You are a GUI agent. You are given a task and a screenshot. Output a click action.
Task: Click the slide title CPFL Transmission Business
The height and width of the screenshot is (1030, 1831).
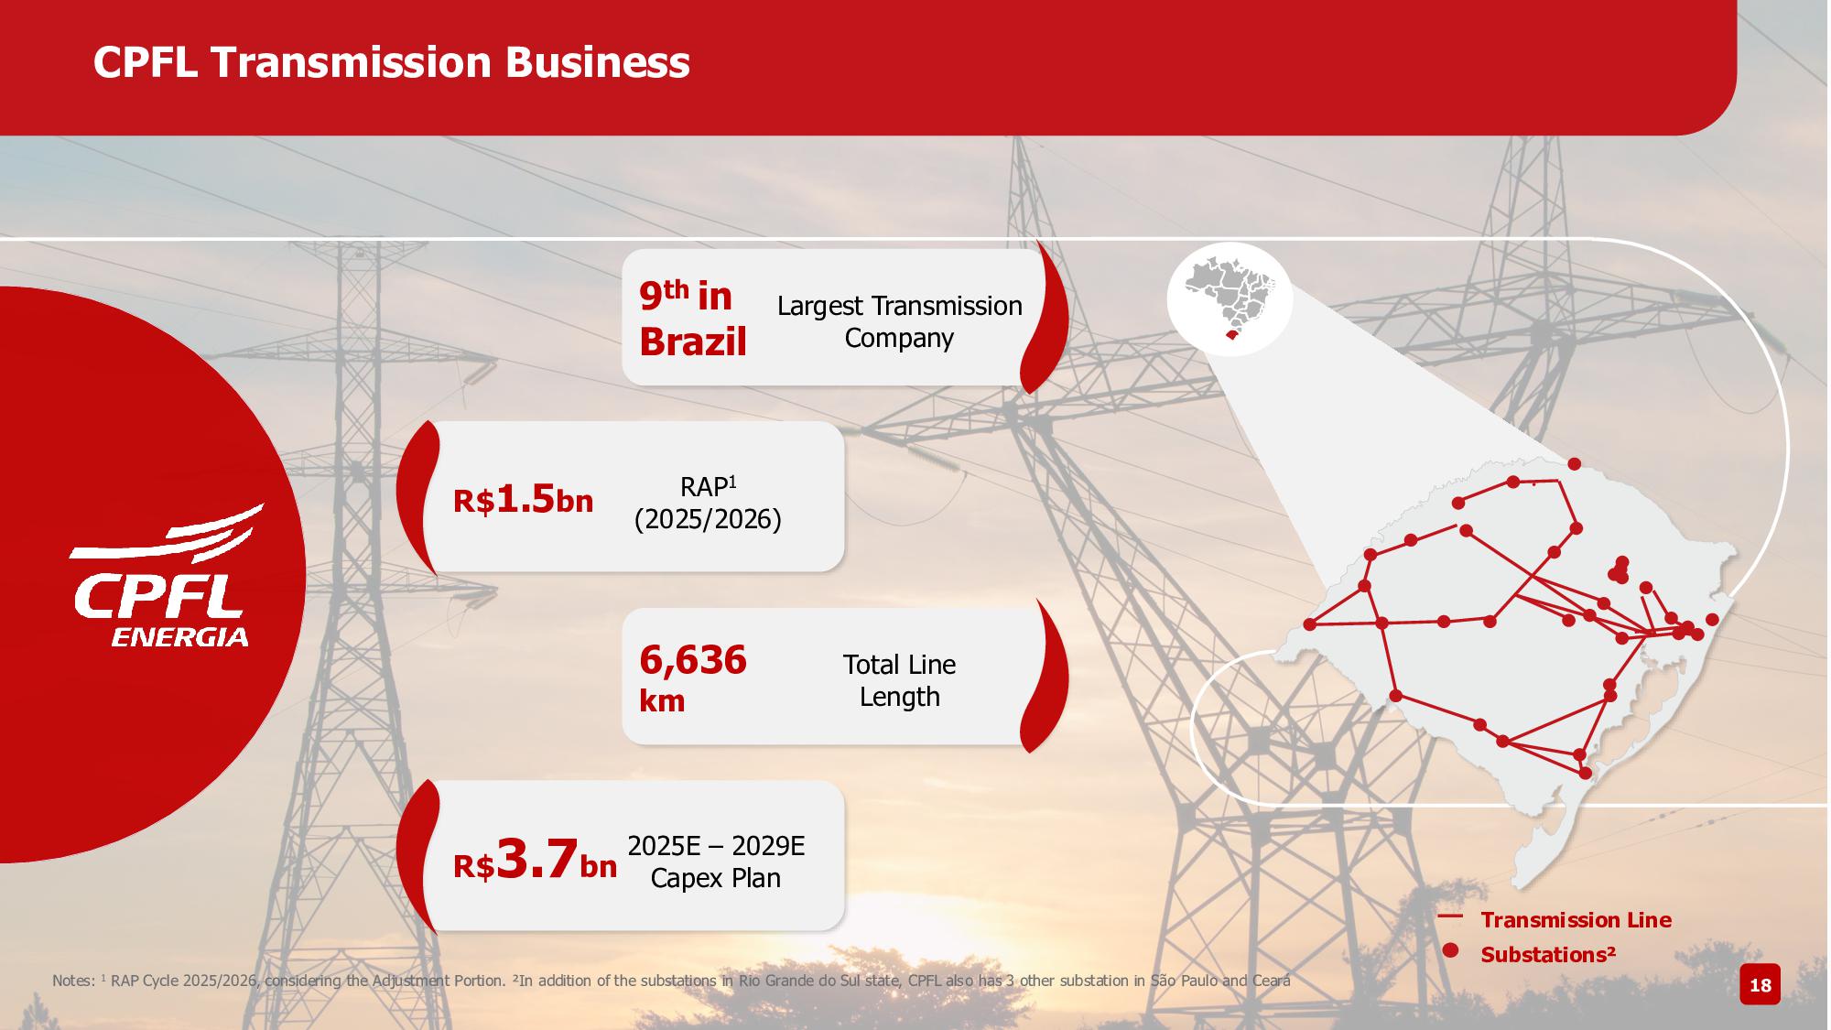391,62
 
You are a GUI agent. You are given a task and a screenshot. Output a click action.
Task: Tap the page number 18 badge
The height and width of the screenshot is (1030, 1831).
1760,985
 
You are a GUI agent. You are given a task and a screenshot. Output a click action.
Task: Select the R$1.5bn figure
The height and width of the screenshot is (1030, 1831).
523,499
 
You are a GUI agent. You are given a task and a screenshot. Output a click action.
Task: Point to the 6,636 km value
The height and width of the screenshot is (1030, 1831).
693,678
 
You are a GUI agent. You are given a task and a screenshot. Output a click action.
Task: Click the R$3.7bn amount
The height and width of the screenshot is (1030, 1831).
535,861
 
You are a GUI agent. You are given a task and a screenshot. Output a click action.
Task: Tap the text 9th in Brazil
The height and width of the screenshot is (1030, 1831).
693,319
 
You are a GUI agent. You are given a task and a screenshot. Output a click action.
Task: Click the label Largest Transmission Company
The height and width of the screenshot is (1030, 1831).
899,321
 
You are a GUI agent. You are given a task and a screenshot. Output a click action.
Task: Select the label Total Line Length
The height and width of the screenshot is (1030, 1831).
899,680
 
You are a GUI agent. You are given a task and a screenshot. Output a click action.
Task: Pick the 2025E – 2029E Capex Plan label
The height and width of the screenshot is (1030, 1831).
716,862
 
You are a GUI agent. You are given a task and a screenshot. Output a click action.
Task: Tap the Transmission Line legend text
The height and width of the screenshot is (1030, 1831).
1576,919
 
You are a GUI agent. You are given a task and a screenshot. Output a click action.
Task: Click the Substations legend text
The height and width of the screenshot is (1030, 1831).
1548,954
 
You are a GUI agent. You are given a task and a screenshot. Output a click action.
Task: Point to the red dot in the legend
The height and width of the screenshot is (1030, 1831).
1450,950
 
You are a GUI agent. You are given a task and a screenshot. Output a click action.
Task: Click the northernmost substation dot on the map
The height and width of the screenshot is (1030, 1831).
1574,463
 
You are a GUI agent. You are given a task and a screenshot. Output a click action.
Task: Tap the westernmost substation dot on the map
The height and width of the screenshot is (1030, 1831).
1309,624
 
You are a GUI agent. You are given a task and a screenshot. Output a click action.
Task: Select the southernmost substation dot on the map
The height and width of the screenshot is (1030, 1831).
1587,774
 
